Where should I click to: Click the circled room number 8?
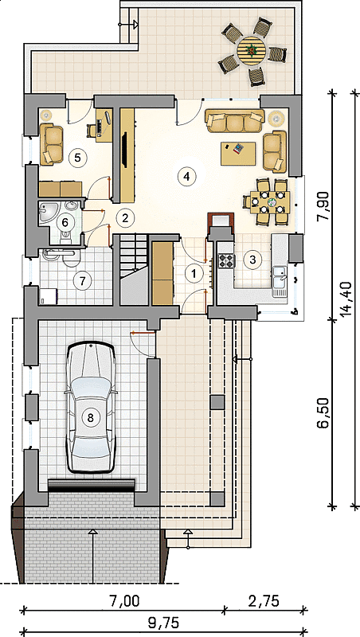click(x=90, y=417)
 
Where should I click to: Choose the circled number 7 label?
click(x=82, y=280)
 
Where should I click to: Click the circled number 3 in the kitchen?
click(x=252, y=260)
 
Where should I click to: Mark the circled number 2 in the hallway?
click(x=125, y=217)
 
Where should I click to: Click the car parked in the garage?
click(x=90, y=408)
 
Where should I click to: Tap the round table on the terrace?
click(x=251, y=50)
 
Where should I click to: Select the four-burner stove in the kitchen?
click(x=227, y=260)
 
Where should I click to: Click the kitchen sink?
click(x=280, y=276)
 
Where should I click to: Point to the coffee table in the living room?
click(x=238, y=153)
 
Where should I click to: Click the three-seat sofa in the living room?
click(x=234, y=121)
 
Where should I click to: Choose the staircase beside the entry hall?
click(x=133, y=269)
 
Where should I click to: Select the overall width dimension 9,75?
click(x=164, y=622)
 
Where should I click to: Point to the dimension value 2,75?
click(x=263, y=601)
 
